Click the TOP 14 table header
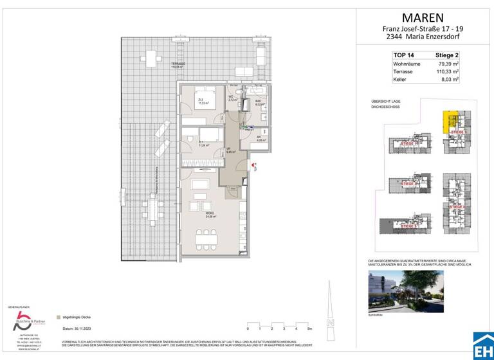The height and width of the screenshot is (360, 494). [x=403, y=56]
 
